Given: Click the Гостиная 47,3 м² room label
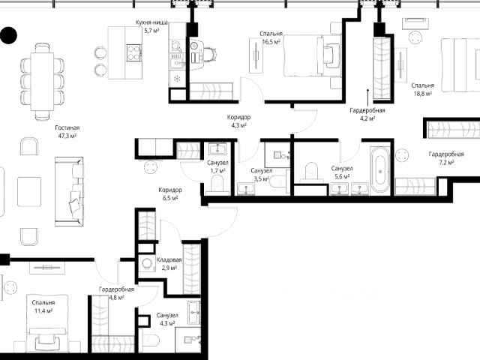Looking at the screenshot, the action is [67, 132].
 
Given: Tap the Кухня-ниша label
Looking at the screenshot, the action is [151, 22].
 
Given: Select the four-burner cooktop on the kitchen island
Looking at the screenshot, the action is [134, 52].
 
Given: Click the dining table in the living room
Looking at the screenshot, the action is [42, 82].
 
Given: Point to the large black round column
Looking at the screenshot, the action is [8, 35].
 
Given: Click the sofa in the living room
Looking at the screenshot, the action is [69, 192].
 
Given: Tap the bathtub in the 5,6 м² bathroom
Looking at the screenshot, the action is [380, 170].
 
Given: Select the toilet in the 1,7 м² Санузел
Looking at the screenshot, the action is [217, 184].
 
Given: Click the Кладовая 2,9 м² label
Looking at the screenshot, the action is [169, 264].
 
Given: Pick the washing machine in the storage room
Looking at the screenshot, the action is [145, 263].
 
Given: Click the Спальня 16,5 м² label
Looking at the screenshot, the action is [271, 37].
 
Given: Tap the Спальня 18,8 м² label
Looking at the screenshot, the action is [423, 89].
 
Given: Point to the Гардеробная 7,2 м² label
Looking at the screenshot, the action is [446, 158].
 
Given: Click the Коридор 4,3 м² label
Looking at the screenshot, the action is [238, 121].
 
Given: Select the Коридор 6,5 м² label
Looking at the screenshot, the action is [170, 193].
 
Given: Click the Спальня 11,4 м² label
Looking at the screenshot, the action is [43, 307].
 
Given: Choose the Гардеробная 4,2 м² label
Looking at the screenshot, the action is [367, 114].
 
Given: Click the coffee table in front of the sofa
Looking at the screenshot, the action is [29, 192].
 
